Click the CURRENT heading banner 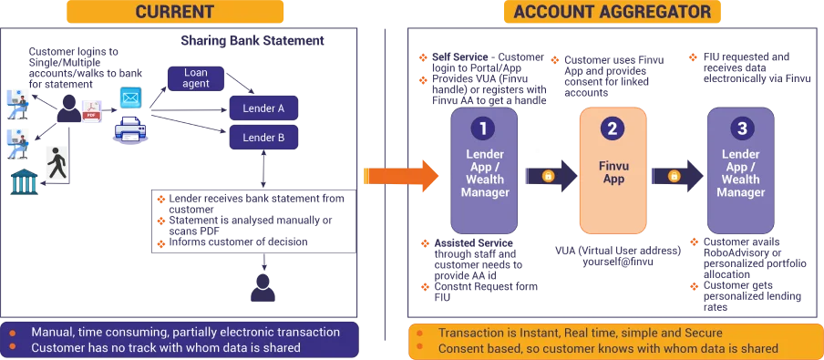[175, 12]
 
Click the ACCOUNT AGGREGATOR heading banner [613, 12]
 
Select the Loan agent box [197, 78]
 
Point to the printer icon [129, 129]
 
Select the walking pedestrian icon [57, 162]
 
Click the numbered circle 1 [483, 129]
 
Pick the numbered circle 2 [613, 129]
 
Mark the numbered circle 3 [742, 129]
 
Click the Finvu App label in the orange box [613, 172]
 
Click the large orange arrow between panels [401, 176]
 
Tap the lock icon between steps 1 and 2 [548, 176]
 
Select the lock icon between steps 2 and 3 [674, 176]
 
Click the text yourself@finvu [618, 262]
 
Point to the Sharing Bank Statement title [252, 40]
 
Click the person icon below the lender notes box [263, 287]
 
